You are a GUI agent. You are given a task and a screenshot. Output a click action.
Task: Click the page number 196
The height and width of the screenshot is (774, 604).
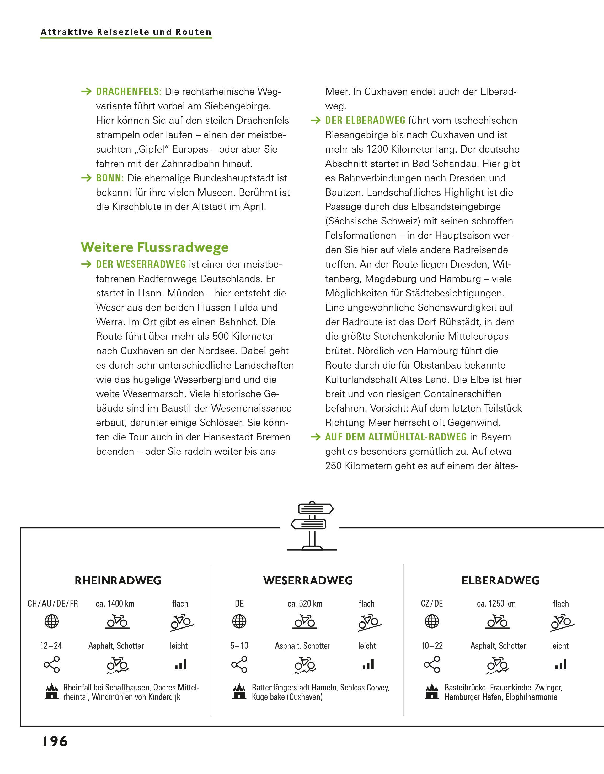pyautogui.click(x=55, y=741)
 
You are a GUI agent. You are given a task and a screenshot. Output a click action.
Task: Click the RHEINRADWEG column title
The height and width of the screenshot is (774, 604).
pyautogui.click(x=118, y=581)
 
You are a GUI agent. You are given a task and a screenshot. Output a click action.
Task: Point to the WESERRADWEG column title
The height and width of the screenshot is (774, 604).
pyautogui.click(x=308, y=581)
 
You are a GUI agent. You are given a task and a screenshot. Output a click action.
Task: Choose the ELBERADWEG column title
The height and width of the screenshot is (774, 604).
pyautogui.click(x=500, y=581)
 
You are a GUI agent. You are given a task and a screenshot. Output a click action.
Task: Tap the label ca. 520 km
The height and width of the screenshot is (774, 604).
pyautogui.click(x=305, y=604)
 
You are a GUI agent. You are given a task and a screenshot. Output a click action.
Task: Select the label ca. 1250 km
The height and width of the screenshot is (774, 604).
pyautogui.click(x=496, y=604)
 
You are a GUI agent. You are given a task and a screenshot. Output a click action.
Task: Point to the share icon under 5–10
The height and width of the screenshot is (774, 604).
pyautogui.click(x=239, y=664)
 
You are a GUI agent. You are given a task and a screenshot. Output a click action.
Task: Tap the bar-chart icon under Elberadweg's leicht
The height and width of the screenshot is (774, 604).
pyautogui.click(x=561, y=664)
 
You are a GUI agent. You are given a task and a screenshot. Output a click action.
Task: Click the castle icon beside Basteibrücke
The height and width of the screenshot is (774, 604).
pyautogui.click(x=432, y=691)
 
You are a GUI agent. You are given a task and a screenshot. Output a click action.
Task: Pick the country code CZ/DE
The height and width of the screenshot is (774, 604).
pyautogui.click(x=432, y=604)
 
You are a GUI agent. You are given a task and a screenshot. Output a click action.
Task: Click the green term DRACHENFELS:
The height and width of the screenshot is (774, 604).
pyautogui.click(x=129, y=92)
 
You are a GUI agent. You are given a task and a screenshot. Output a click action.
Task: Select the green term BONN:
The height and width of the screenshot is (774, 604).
pyautogui.click(x=110, y=178)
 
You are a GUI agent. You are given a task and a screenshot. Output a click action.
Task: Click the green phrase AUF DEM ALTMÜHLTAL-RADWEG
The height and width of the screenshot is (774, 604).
pyautogui.click(x=396, y=437)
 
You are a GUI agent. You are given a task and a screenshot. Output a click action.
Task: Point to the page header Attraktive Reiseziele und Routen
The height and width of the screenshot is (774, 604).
pyautogui.click(x=126, y=32)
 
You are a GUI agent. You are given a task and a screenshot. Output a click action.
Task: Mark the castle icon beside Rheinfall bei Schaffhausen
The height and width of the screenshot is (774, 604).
pyautogui.click(x=52, y=691)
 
